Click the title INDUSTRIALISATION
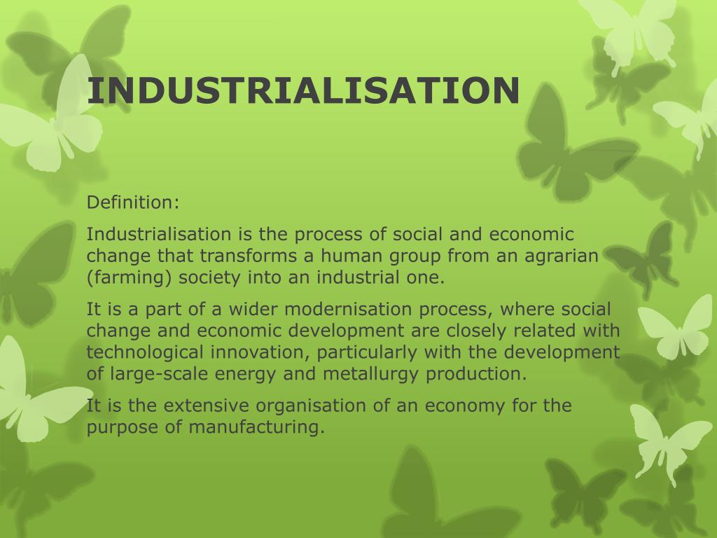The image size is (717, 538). click(x=303, y=90)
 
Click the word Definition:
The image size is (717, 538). click(x=133, y=202)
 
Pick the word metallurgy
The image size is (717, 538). click(x=372, y=373)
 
